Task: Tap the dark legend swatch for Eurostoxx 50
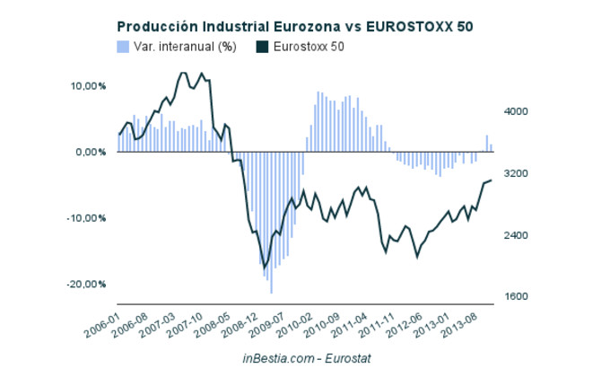[262, 46]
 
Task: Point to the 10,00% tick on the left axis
[89, 86]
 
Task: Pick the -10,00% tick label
[88, 218]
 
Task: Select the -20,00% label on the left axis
[88, 285]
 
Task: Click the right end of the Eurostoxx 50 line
[492, 180]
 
